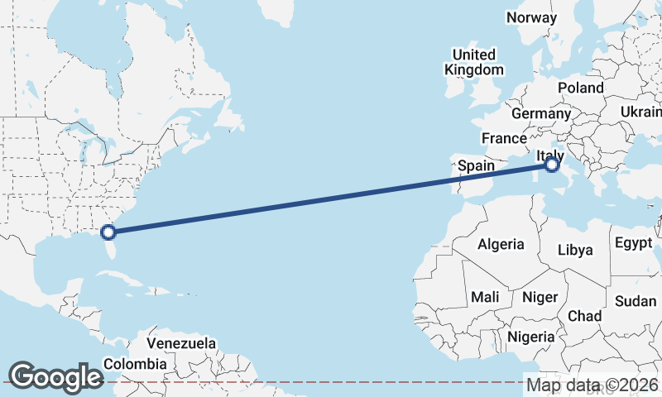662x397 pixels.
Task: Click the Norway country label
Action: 532,17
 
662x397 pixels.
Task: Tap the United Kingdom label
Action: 473,62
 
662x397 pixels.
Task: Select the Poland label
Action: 580,88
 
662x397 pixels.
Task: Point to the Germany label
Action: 541,113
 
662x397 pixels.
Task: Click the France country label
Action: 504,138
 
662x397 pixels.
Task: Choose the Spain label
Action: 477,165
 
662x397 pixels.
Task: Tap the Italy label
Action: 550,155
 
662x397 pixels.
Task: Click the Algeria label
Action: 501,244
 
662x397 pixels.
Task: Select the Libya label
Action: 575,249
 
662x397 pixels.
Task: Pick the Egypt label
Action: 634,243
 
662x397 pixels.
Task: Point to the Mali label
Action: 485,296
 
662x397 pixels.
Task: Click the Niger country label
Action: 540,296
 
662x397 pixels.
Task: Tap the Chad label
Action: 584,316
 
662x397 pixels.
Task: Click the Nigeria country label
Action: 530,337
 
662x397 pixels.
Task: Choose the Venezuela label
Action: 181,343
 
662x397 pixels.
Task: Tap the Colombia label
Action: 135,363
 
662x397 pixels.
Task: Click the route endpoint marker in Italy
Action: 552,166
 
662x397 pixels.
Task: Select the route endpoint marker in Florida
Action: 108,232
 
